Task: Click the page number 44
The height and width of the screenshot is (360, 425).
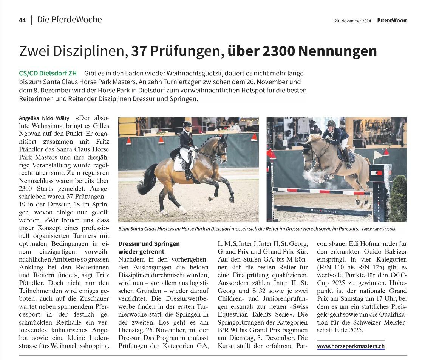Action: pos(22,20)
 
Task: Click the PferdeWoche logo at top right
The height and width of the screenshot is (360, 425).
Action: pos(392,21)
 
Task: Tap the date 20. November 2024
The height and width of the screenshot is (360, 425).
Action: pos(352,21)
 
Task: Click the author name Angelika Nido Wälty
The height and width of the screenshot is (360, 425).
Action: pos(44,118)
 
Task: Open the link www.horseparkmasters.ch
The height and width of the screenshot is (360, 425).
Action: pos(351,346)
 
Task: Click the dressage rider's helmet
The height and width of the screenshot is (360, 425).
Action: pos(187,124)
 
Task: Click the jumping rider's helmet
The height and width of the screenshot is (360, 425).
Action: pos(331,123)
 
